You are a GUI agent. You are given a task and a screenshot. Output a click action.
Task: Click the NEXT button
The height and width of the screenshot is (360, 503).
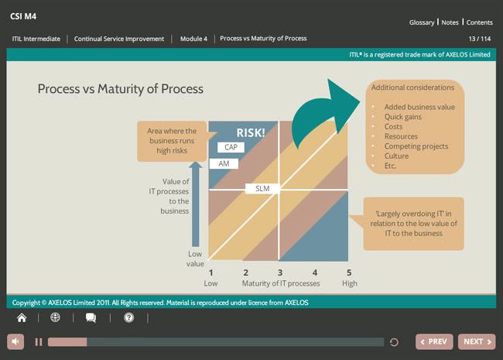click(477, 341)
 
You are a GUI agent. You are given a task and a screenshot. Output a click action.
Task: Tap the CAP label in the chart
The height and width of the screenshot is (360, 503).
click(231, 147)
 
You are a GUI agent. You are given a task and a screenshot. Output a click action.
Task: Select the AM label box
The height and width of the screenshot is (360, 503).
click(224, 163)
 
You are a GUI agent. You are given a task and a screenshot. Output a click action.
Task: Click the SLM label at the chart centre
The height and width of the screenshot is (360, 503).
click(262, 189)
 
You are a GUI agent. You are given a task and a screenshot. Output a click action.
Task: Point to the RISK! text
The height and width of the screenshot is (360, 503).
click(251, 133)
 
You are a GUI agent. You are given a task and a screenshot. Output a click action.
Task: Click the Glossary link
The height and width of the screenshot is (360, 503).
click(422, 22)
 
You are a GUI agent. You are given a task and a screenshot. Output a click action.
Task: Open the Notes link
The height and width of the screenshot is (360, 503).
click(450, 22)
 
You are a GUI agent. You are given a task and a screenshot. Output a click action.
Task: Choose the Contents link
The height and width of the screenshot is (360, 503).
click(479, 22)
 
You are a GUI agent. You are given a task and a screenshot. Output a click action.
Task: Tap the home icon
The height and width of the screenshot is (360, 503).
click(22, 317)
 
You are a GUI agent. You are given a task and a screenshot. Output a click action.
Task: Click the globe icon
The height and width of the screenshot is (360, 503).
click(55, 317)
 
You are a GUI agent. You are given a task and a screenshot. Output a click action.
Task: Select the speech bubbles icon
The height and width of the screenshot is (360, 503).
click(91, 317)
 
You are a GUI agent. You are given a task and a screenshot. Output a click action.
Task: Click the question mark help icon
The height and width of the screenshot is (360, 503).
click(129, 317)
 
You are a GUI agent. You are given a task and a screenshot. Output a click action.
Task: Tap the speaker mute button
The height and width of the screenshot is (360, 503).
click(15, 341)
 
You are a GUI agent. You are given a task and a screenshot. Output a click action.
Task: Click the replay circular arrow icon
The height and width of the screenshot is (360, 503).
click(394, 342)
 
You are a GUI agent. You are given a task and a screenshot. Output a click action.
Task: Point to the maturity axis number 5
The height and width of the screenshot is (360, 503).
click(349, 273)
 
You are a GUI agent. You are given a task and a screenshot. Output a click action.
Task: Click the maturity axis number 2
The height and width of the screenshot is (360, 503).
click(246, 273)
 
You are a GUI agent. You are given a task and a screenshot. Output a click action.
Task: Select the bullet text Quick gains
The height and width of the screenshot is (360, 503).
click(403, 117)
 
